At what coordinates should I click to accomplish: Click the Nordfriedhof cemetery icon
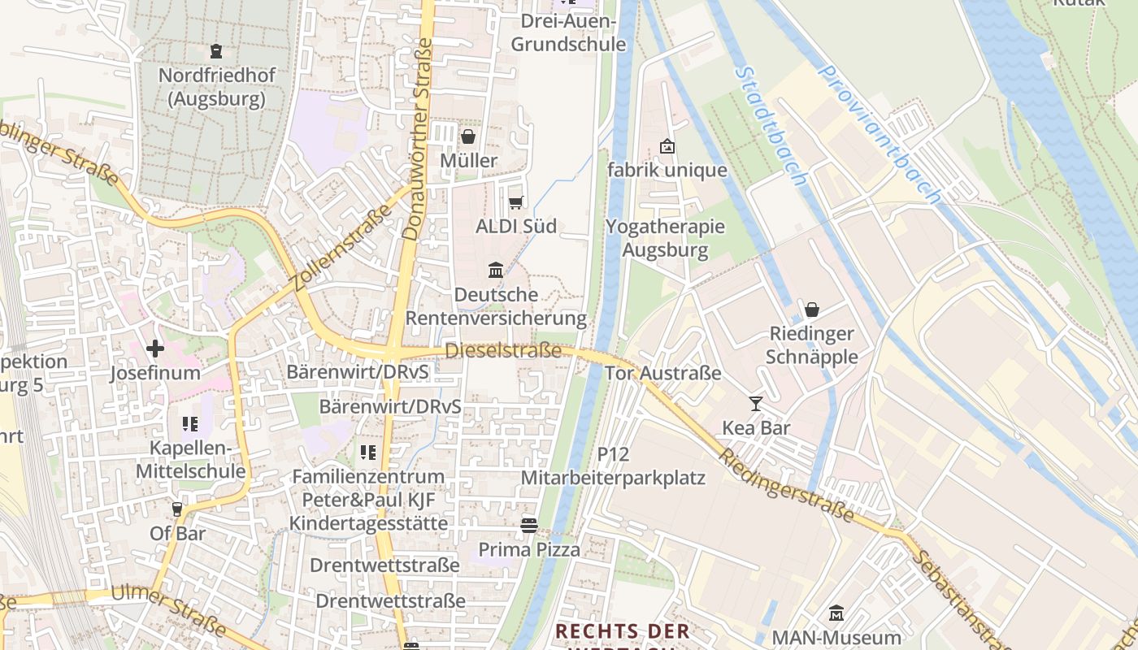click(x=215, y=51)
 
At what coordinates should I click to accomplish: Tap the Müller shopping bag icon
click(x=468, y=136)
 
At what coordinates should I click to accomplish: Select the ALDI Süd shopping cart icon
click(x=515, y=202)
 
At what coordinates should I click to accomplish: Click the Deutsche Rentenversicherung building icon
click(x=495, y=269)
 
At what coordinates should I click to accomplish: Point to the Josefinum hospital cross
click(x=154, y=349)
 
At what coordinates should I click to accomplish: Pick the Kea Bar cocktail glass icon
click(x=756, y=403)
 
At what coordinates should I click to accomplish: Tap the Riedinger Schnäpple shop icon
click(x=811, y=310)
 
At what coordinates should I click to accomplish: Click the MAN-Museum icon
click(x=836, y=613)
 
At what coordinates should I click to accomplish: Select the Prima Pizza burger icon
click(x=529, y=526)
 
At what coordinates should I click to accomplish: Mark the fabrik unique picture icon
click(x=667, y=146)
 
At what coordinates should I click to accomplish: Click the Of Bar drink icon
click(x=177, y=509)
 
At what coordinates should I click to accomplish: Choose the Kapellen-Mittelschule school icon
click(x=190, y=423)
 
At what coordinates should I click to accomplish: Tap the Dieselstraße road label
click(x=503, y=351)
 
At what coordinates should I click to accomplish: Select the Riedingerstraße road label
click(x=785, y=484)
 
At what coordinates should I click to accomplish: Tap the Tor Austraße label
click(x=663, y=374)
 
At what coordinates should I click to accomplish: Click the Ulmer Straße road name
click(x=168, y=610)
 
